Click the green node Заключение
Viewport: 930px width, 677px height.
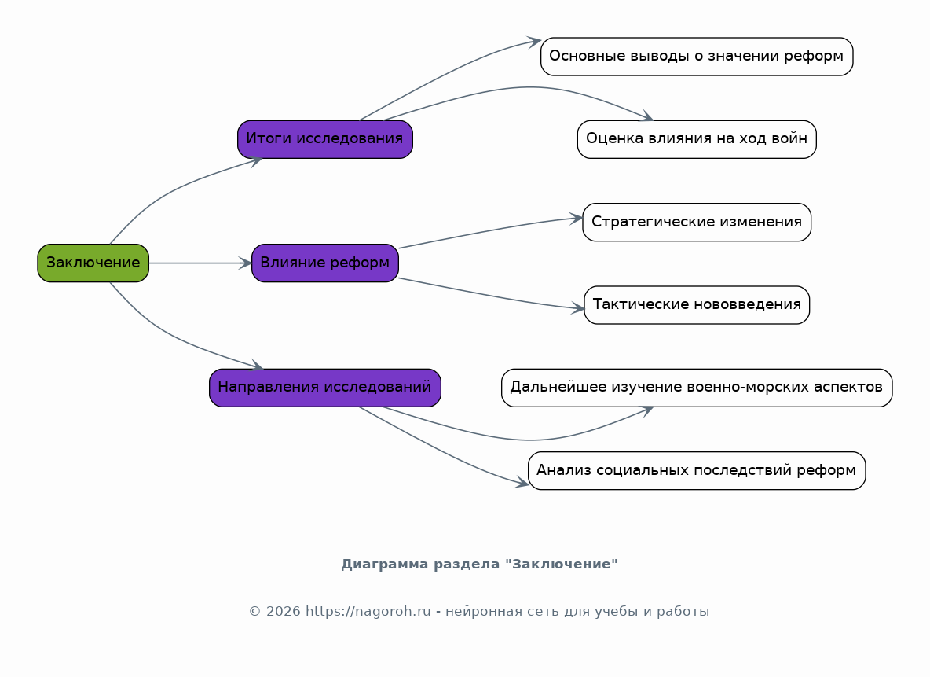point(93,263)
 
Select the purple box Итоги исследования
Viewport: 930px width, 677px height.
point(325,139)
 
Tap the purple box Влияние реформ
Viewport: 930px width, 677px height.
point(325,263)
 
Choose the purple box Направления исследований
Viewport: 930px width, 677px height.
point(325,388)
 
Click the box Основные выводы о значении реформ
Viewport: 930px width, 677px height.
point(697,57)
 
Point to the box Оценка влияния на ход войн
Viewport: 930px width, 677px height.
point(697,139)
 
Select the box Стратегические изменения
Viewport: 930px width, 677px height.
point(697,222)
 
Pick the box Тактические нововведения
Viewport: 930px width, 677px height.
point(697,305)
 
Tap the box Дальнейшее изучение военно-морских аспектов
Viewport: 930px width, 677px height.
point(697,388)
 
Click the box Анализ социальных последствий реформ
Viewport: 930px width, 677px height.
point(697,471)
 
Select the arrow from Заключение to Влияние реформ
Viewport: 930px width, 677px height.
point(200,263)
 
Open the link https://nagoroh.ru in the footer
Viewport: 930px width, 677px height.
point(368,611)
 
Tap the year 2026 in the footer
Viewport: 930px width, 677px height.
point(284,611)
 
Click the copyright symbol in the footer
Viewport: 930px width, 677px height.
point(255,611)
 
